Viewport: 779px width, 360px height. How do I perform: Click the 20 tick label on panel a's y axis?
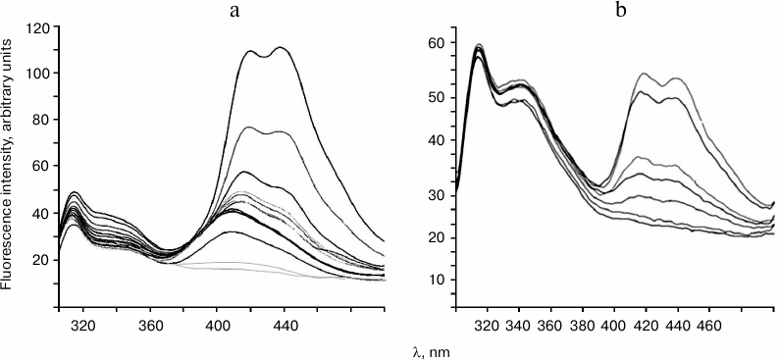coord(41,260)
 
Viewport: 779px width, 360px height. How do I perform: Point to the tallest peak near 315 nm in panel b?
coord(479,45)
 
